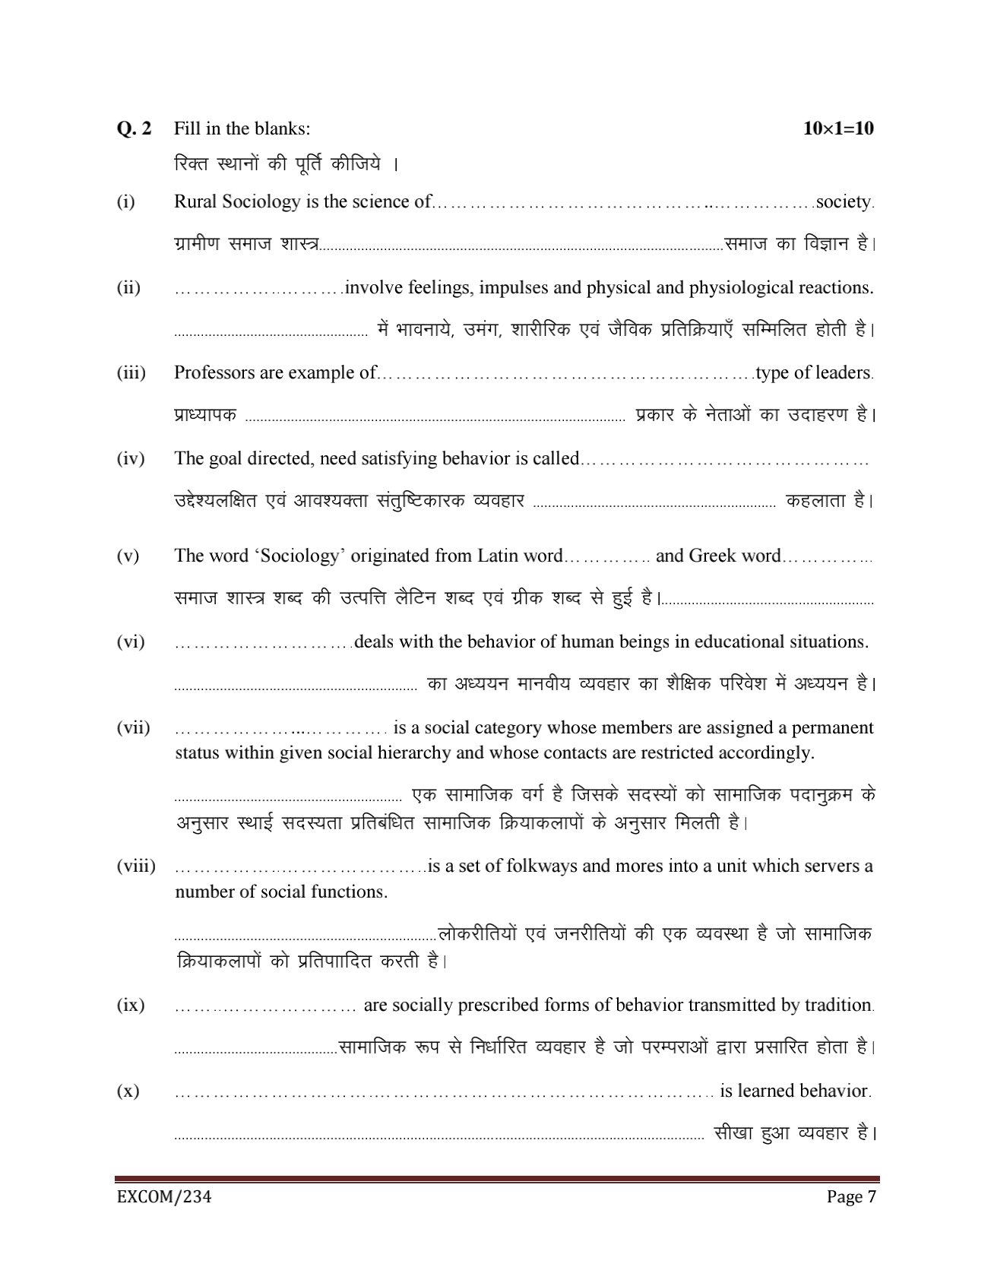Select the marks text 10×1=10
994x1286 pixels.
pyautogui.click(x=838, y=128)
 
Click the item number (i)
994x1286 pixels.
pyautogui.click(x=125, y=202)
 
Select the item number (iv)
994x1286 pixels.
pyautogui.click(x=130, y=459)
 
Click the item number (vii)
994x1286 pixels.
pyautogui.click(x=133, y=728)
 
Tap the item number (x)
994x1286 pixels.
pyautogui.click(x=128, y=1091)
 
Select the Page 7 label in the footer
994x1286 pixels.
pyautogui.click(x=852, y=1198)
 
